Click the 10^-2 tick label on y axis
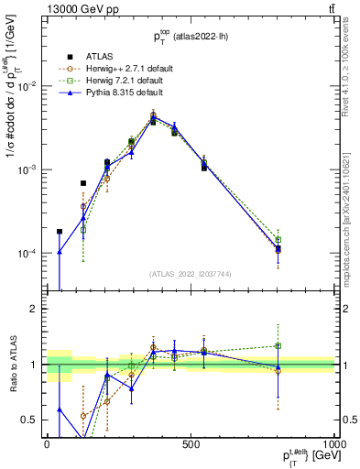(28, 85)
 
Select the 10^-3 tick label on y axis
(28, 169)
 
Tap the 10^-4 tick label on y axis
(28, 254)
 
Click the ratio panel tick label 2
(35, 309)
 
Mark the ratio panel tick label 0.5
(31, 420)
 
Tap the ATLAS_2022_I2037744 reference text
(191, 273)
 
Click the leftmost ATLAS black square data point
(60, 232)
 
